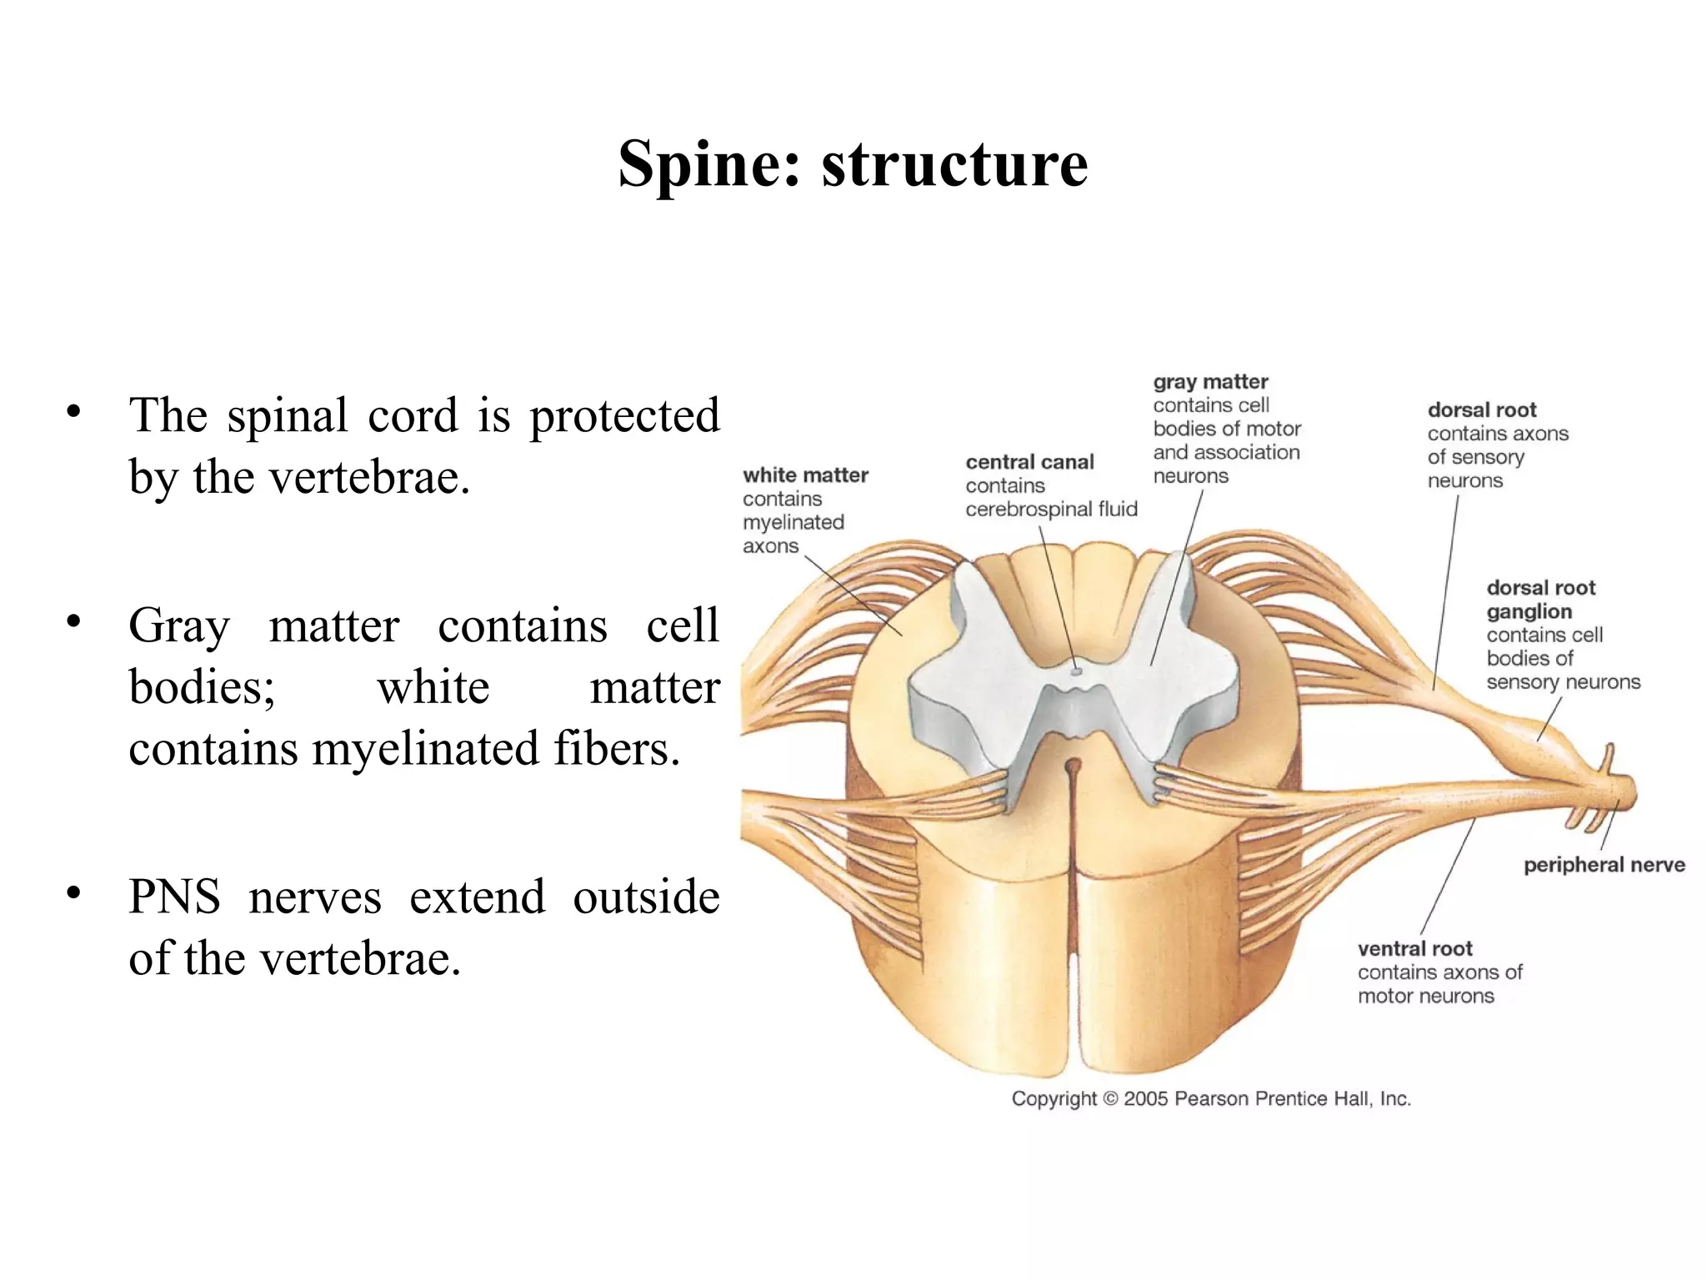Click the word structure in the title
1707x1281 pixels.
[x=954, y=164]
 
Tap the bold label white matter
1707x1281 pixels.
[x=805, y=475]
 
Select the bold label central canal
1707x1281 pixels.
[x=1029, y=462]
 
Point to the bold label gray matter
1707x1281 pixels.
[x=1210, y=382]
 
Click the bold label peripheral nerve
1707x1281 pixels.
[x=1604, y=865]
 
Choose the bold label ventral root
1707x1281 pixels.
[x=1414, y=949]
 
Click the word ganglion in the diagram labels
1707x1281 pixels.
[x=1529, y=611]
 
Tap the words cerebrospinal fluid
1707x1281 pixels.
[x=1051, y=510]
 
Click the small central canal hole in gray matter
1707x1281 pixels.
[x=1076, y=670]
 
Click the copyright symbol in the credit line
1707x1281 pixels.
[x=1110, y=1099]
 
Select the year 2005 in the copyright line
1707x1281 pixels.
[x=1146, y=1099]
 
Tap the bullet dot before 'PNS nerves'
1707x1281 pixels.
[x=74, y=893]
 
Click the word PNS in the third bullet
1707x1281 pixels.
[x=174, y=898]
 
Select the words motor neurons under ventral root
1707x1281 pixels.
[x=1425, y=996]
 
